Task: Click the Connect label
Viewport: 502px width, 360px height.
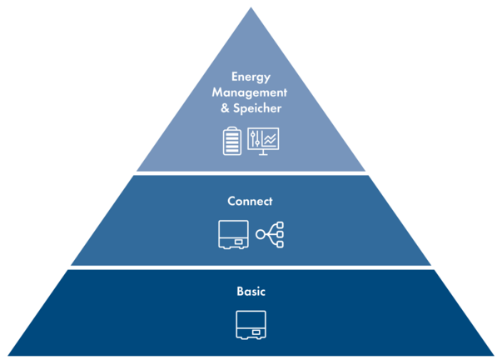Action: pyautogui.click(x=251, y=202)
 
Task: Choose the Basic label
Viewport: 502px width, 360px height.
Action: pyautogui.click(x=251, y=292)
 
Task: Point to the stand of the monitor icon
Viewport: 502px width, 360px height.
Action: pyautogui.click(x=264, y=152)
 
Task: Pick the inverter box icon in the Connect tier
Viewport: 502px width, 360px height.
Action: pyautogui.click(x=233, y=235)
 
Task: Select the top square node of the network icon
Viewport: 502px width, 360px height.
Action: pyautogui.click(x=281, y=225)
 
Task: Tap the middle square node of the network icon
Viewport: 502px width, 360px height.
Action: pyautogui.click(x=281, y=235)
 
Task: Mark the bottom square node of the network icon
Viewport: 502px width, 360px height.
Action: pyautogui.click(x=281, y=245)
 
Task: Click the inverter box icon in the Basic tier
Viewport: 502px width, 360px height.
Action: pyautogui.click(x=251, y=324)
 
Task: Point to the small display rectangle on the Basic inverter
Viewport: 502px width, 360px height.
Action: pyautogui.click(x=258, y=332)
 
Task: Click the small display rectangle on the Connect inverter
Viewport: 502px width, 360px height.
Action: pyautogui.click(x=240, y=242)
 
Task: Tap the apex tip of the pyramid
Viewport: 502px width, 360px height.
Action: pyautogui.click(x=251, y=3)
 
